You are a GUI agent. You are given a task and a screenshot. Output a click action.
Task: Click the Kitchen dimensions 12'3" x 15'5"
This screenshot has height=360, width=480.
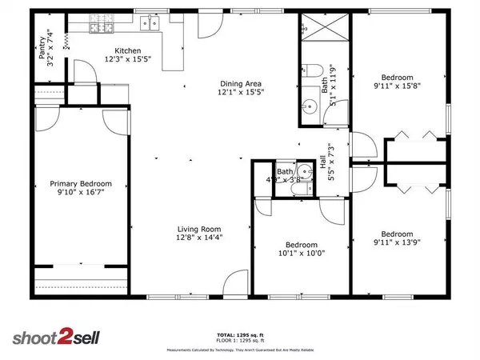(127, 59)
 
